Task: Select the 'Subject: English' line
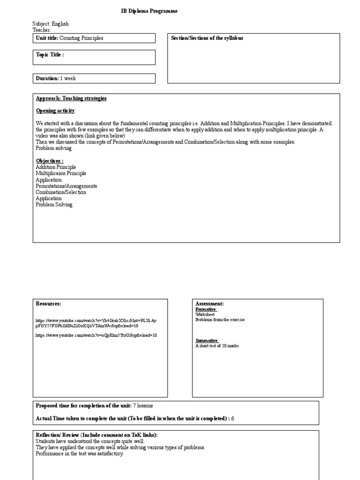50,24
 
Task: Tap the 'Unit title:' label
47,38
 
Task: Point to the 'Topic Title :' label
50,55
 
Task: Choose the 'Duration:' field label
47,78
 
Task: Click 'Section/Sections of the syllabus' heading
207,38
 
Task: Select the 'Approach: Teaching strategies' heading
71,98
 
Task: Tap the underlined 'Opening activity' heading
55,111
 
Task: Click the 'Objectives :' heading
50,161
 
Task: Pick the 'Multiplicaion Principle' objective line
61,173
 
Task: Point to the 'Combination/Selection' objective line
61,192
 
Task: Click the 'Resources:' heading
48,304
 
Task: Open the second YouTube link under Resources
96,336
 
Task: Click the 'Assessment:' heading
209,304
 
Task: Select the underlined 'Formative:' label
206,309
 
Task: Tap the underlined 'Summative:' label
207,341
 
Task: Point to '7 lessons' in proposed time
142,405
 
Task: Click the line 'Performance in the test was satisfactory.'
80,454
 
